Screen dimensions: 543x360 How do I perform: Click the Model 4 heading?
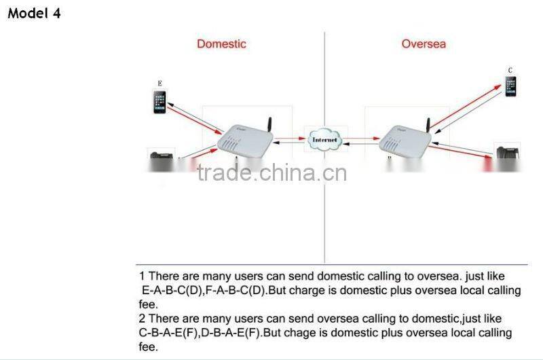click(x=34, y=12)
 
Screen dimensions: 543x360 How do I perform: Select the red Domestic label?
click(x=221, y=44)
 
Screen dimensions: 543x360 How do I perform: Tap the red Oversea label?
click(x=424, y=44)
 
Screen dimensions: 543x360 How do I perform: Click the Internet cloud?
click(x=324, y=139)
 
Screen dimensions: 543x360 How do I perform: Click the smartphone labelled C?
click(x=510, y=86)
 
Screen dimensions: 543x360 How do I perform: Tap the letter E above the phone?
click(x=160, y=83)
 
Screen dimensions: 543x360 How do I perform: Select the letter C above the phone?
click(x=510, y=69)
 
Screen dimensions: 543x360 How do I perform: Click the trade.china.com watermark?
click(x=271, y=173)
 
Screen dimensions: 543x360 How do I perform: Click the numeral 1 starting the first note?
click(x=142, y=276)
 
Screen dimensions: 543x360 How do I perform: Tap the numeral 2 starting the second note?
click(x=142, y=319)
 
